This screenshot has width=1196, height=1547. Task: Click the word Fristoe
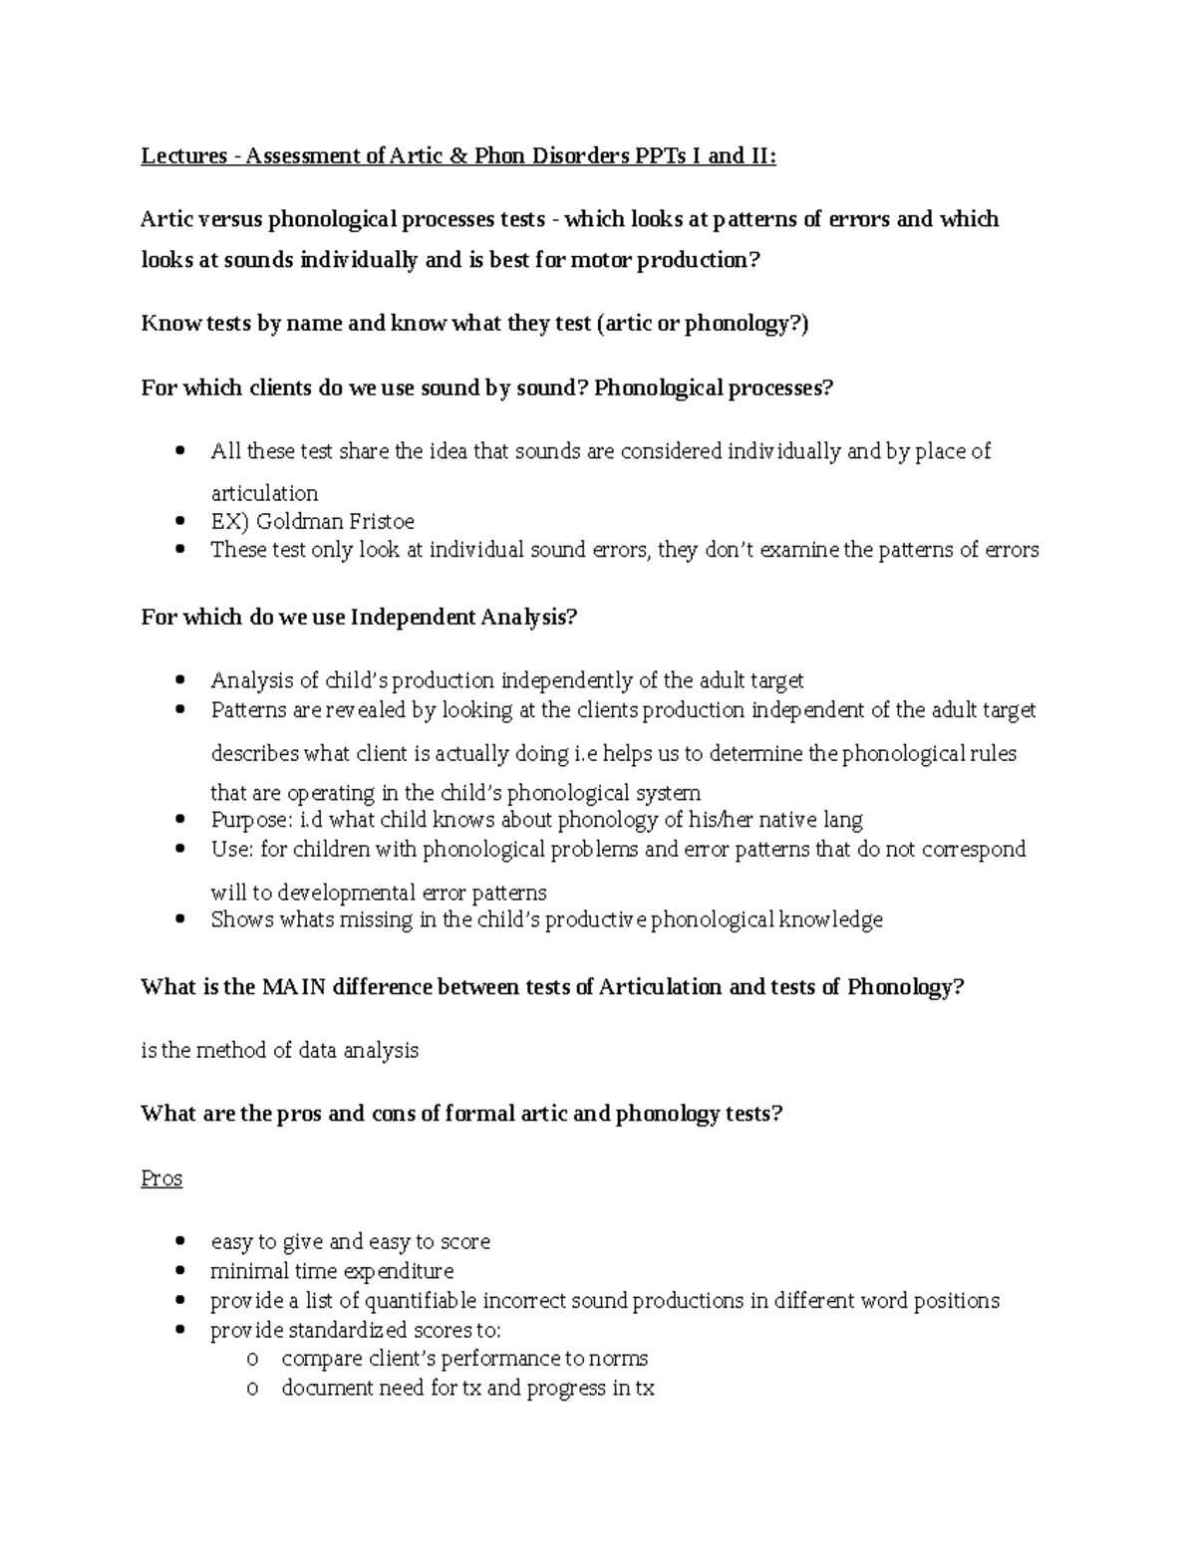(378, 521)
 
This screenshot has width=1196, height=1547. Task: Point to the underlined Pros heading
(161, 1178)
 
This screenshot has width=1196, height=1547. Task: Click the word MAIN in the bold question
(295, 987)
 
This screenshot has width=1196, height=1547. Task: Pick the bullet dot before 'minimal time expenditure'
(179, 1271)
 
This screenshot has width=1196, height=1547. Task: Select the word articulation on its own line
(264, 493)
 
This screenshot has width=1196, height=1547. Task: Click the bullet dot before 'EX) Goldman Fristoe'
(179, 521)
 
